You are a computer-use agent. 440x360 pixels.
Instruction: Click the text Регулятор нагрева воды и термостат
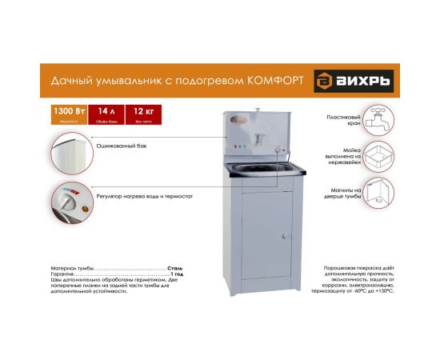(x=144, y=194)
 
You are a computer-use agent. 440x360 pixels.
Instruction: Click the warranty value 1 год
(x=177, y=274)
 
